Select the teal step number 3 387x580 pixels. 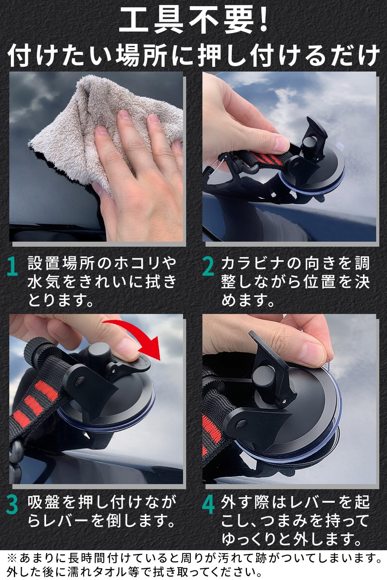tap(13, 505)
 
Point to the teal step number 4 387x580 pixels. tap(209, 505)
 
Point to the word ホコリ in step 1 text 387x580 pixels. tap(135, 263)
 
